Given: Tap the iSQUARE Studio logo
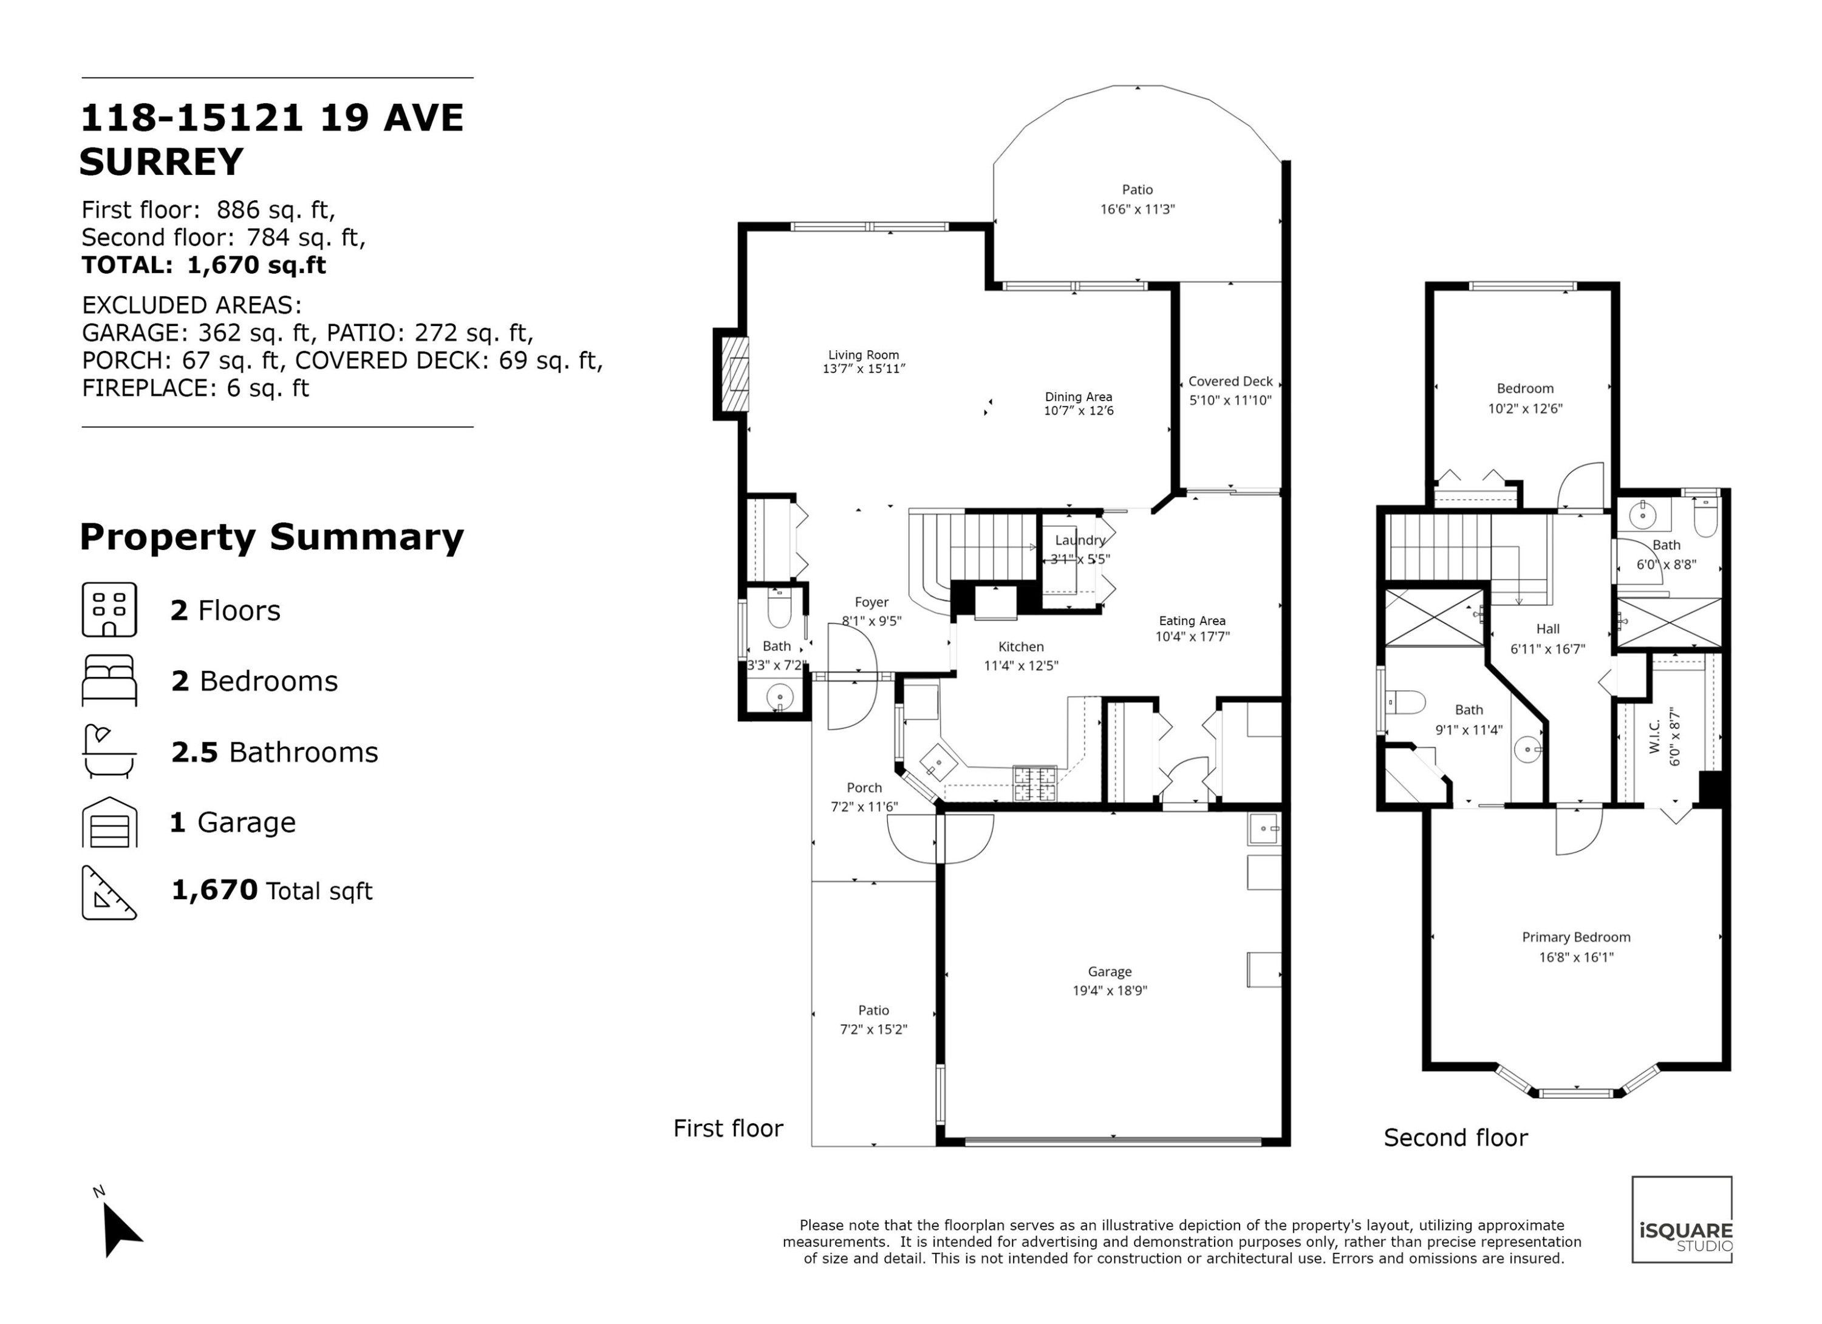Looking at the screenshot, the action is pos(1682,1220).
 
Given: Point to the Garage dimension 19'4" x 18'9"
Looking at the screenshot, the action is pos(1110,991).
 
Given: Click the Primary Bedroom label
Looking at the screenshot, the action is pos(1576,937).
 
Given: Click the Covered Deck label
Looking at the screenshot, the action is pos(1230,381).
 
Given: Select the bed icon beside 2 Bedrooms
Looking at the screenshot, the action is pos(109,681).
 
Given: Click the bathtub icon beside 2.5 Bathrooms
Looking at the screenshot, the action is pos(109,752).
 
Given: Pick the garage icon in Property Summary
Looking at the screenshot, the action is pos(109,822).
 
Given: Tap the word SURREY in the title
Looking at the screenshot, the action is pos(162,162).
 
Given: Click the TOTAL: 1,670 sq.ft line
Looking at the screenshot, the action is pos(204,265).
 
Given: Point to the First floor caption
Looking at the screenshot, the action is pos(728,1128).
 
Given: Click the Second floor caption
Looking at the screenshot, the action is pos(1456,1138).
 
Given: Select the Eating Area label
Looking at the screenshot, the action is pos(1192,620).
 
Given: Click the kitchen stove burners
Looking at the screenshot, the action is pos(1035,784).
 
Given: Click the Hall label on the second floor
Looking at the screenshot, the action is pos(1547,630).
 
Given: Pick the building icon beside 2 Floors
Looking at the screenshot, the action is pos(109,610).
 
